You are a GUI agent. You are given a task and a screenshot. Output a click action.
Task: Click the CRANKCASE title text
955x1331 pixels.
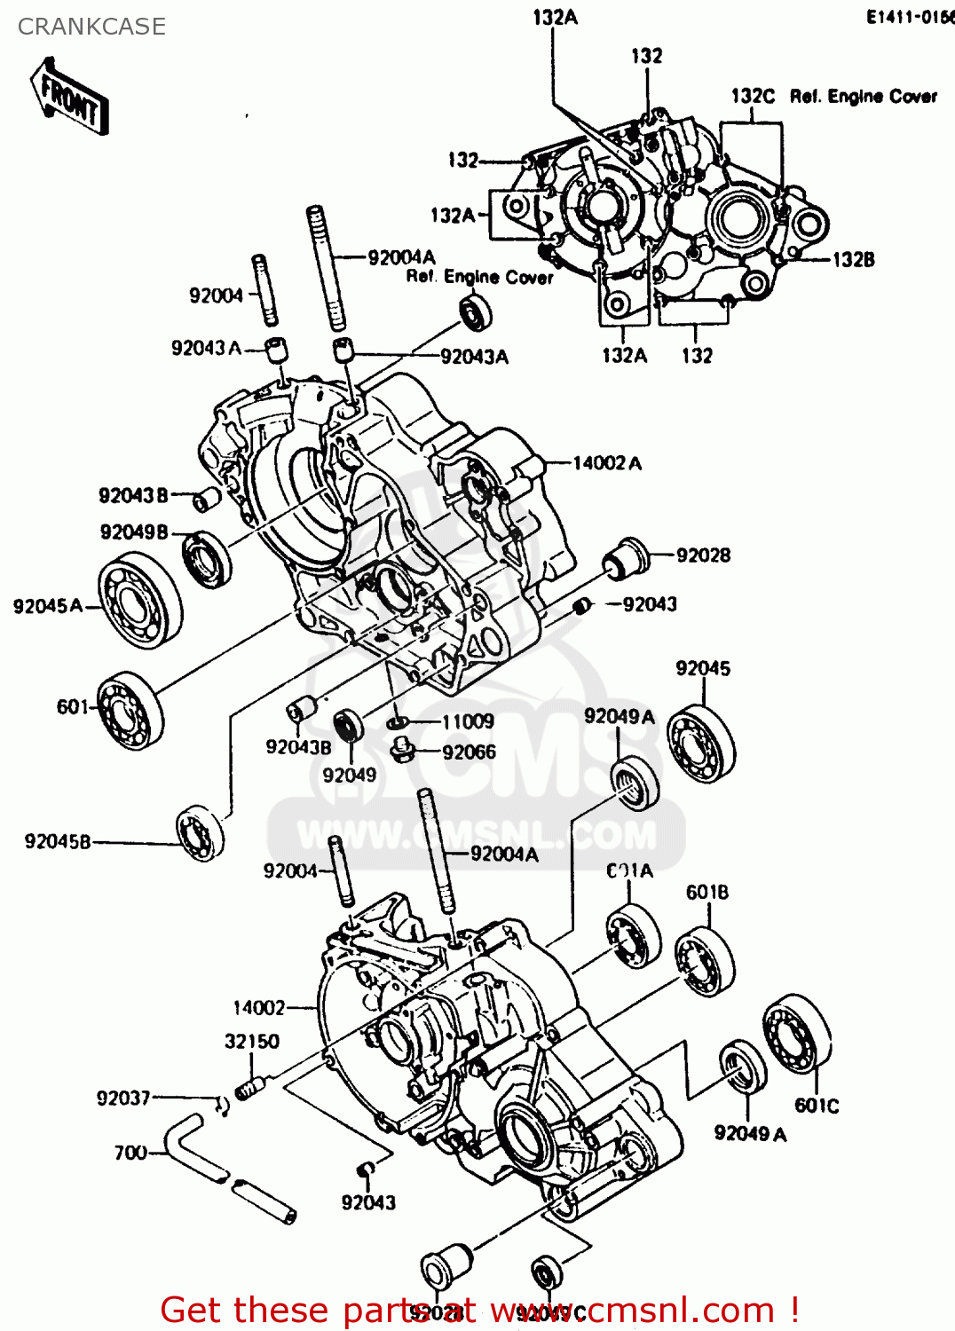pos(91,27)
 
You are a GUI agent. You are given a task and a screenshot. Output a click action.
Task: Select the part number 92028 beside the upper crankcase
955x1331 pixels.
pos(703,555)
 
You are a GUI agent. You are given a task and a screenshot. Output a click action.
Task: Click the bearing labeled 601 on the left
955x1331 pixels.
pos(131,709)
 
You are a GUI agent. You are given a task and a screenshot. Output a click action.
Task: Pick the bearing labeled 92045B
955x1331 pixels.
pos(201,832)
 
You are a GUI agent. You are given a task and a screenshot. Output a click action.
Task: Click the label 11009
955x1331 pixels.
pos(468,721)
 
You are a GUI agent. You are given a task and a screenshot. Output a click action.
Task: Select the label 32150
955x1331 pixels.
pos(251,1041)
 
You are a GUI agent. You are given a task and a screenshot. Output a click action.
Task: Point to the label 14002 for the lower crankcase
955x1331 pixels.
pos(259,1008)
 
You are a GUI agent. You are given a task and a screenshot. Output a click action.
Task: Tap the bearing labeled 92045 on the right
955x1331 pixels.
pos(701,744)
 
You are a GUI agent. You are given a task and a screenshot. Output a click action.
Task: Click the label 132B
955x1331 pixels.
pos(853,259)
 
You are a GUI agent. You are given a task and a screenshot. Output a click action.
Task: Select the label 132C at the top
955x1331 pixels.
pos(753,96)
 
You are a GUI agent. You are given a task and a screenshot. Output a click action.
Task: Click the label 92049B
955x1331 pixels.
pos(134,532)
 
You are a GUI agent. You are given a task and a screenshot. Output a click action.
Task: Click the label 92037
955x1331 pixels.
pos(123,1099)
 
